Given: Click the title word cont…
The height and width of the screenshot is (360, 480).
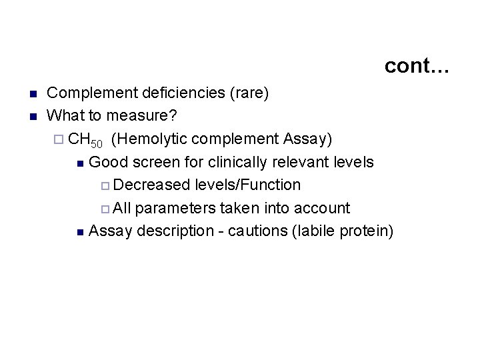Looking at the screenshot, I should [x=417, y=65].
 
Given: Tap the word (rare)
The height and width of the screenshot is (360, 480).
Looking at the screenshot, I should [x=249, y=93].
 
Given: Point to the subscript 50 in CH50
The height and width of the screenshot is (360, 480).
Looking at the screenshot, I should [x=97, y=143].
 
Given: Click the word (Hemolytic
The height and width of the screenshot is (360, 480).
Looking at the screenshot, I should [x=145, y=139].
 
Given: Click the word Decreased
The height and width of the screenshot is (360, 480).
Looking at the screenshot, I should [x=147, y=185].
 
